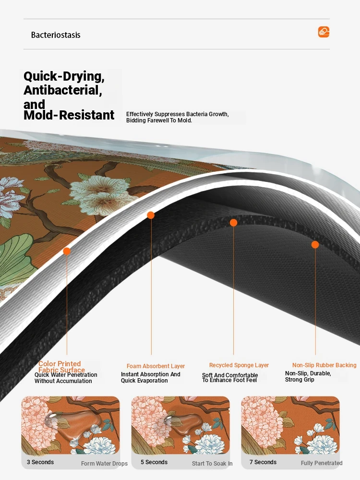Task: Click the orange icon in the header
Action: (324, 32)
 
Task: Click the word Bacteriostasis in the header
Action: (56, 35)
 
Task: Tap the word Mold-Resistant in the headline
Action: (69, 115)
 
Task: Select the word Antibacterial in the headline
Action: (62, 90)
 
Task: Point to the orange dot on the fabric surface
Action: (66, 252)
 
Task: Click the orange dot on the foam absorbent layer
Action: (151, 215)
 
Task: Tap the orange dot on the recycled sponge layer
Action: (233, 223)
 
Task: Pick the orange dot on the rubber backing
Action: (315, 245)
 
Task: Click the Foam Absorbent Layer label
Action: (156, 366)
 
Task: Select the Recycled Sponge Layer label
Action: (239, 365)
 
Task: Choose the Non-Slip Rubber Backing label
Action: (324, 365)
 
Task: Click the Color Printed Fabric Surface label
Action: (61, 367)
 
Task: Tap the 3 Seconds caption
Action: (40, 462)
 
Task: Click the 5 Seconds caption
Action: (154, 462)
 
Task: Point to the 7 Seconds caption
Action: (263, 462)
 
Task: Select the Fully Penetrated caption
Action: (322, 463)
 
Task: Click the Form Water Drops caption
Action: (104, 464)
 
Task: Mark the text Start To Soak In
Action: (212, 464)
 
